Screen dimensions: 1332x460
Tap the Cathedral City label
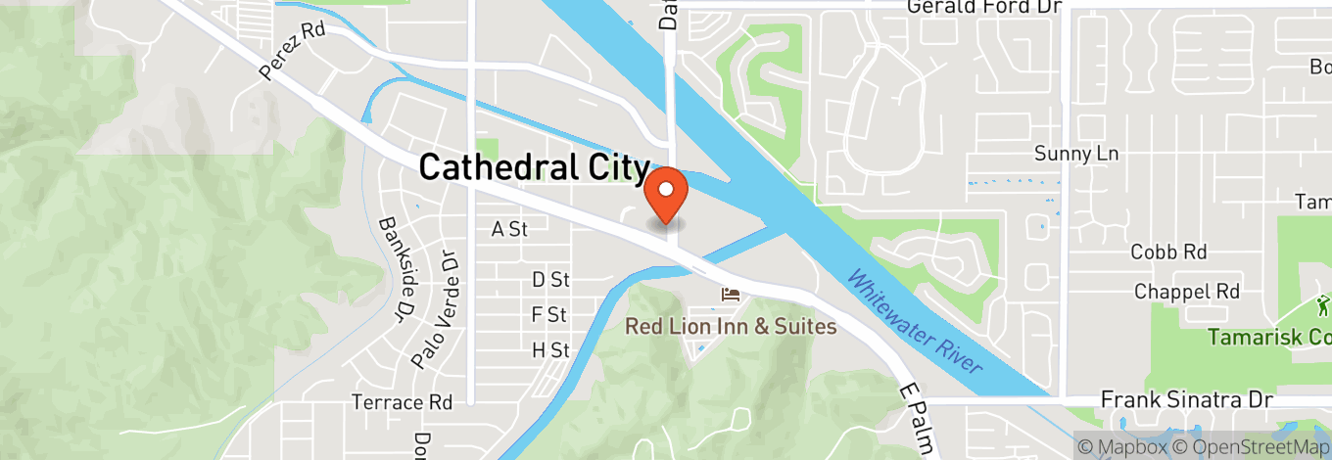click(534, 167)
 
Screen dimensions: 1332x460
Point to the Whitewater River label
click(913, 320)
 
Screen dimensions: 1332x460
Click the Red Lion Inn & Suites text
click(732, 326)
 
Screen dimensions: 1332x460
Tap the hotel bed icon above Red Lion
click(730, 295)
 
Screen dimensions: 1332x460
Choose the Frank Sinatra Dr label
click(1187, 400)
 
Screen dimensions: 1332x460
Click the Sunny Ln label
click(1076, 154)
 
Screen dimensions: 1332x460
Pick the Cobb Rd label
click(1168, 252)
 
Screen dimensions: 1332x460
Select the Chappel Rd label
click(1187, 292)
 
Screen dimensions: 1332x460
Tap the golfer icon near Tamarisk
click(1324, 304)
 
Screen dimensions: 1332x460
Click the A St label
click(509, 230)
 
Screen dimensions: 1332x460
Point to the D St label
click(550, 280)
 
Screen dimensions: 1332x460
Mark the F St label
click(549, 315)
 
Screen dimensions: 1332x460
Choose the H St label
click(550, 349)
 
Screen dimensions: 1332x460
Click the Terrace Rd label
click(403, 402)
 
